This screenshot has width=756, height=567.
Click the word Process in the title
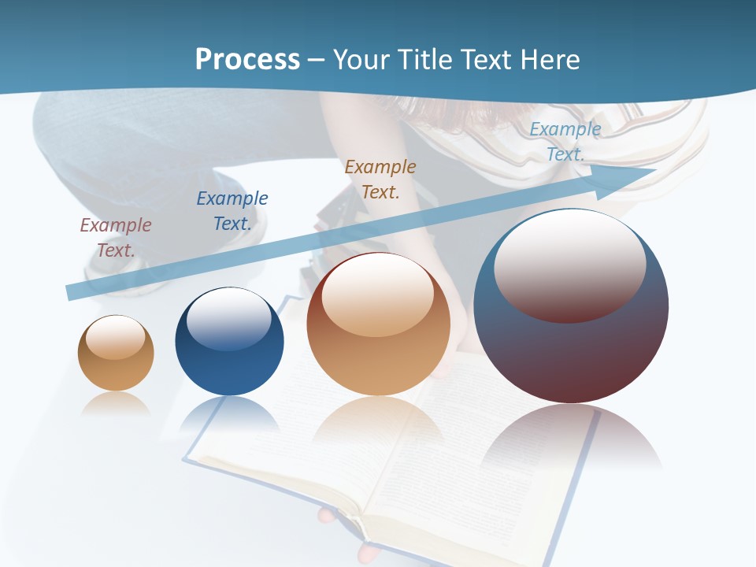tap(247, 60)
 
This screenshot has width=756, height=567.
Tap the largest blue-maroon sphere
tap(571, 346)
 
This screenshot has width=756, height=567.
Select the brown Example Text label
tap(380, 179)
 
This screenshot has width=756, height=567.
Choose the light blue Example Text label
tap(565, 142)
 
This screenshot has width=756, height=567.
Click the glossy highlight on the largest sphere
tap(570, 264)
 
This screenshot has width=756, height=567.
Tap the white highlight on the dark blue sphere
tap(229, 319)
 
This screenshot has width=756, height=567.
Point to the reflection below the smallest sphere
tap(116, 404)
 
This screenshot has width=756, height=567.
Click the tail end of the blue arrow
tap(73, 292)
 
